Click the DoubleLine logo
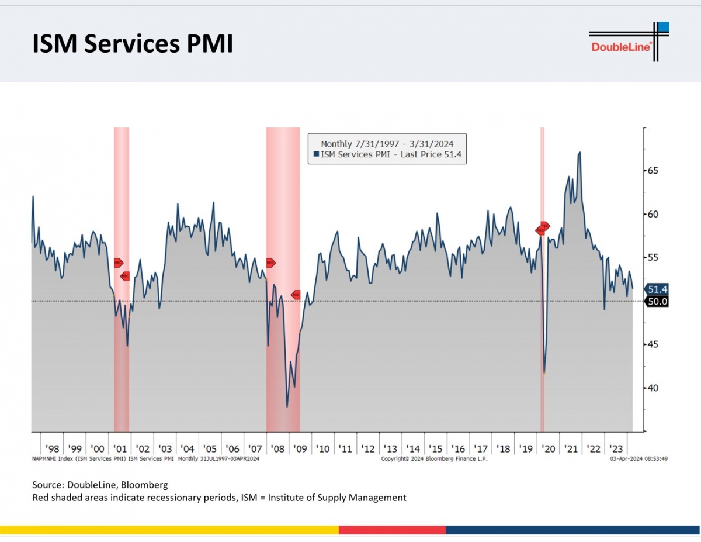tap(628, 42)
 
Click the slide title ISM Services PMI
tap(133, 44)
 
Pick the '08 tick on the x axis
tap(277, 448)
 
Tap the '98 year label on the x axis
tap(52, 448)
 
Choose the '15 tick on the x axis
tap(435, 448)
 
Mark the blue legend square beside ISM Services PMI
tap(316, 154)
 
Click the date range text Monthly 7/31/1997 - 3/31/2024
tap(387, 143)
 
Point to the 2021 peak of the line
tap(579, 153)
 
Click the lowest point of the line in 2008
tap(287, 406)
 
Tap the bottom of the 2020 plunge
tap(544, 372)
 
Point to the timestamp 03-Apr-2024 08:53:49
tap(638, 459)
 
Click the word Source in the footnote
tap(47, 485)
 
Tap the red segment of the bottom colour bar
tap(392, 530)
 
